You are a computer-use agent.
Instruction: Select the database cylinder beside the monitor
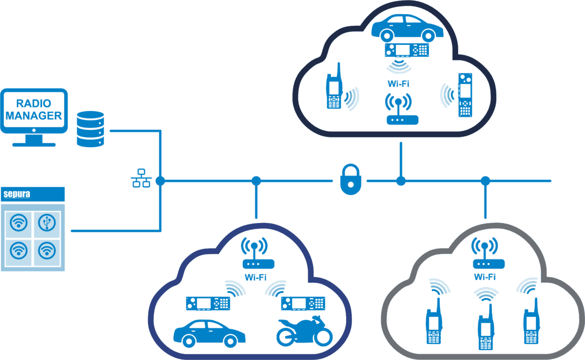coord(91,129)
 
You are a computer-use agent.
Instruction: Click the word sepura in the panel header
coord(17,194)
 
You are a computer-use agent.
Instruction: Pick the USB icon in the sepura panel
coord(47,223)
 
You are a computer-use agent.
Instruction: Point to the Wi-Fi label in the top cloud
coord(398,84)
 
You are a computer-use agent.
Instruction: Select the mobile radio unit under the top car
coord(407,50)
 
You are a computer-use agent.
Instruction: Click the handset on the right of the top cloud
coord(465,95)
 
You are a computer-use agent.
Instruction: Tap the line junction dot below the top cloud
coord(401,181)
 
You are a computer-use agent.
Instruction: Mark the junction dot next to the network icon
coord(160,181)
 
